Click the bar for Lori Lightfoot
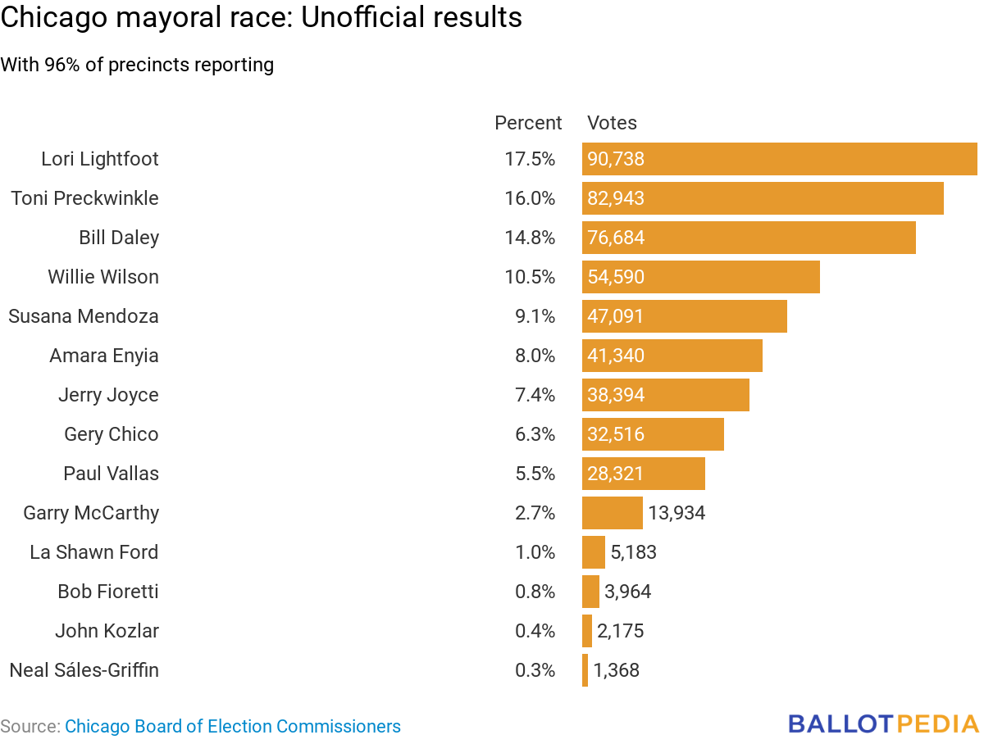point(779,159)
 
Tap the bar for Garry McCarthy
point(612,513)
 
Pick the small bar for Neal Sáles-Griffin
point(585,670)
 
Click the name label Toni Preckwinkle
point(85,198)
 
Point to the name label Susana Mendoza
point(84,316)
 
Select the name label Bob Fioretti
point(108,592)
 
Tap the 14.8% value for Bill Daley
point(530,238)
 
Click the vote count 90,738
point(616,159)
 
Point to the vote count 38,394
point(616,395)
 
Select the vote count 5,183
point(633,552)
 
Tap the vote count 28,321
point(616,474)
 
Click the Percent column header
point(528,123)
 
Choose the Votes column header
point(612,123)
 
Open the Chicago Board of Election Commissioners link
point(233,726)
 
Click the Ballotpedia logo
point(884,724)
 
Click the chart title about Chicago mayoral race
point(261,18)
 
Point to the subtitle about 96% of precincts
point(137,65)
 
